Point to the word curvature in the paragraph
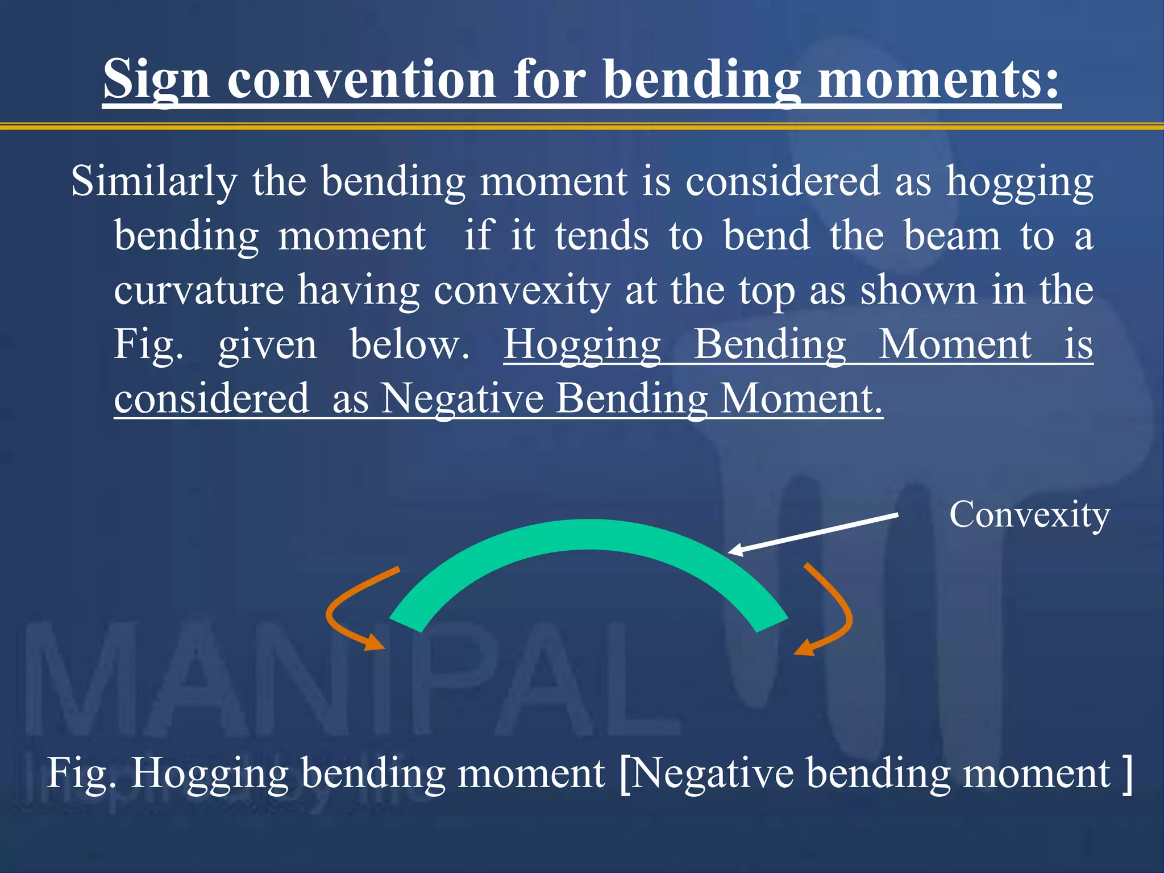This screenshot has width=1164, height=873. (x=199, y=290)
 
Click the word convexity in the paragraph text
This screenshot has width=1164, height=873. (x=522, y=290)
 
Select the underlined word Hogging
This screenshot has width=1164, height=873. (x=582, y=344)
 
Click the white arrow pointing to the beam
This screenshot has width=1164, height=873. (x=813, y=533)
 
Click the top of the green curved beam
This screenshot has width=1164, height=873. (x=589, y=534)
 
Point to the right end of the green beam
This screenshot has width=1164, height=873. (x=771, y=623)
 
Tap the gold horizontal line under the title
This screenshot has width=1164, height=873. (x=582, y=126)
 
